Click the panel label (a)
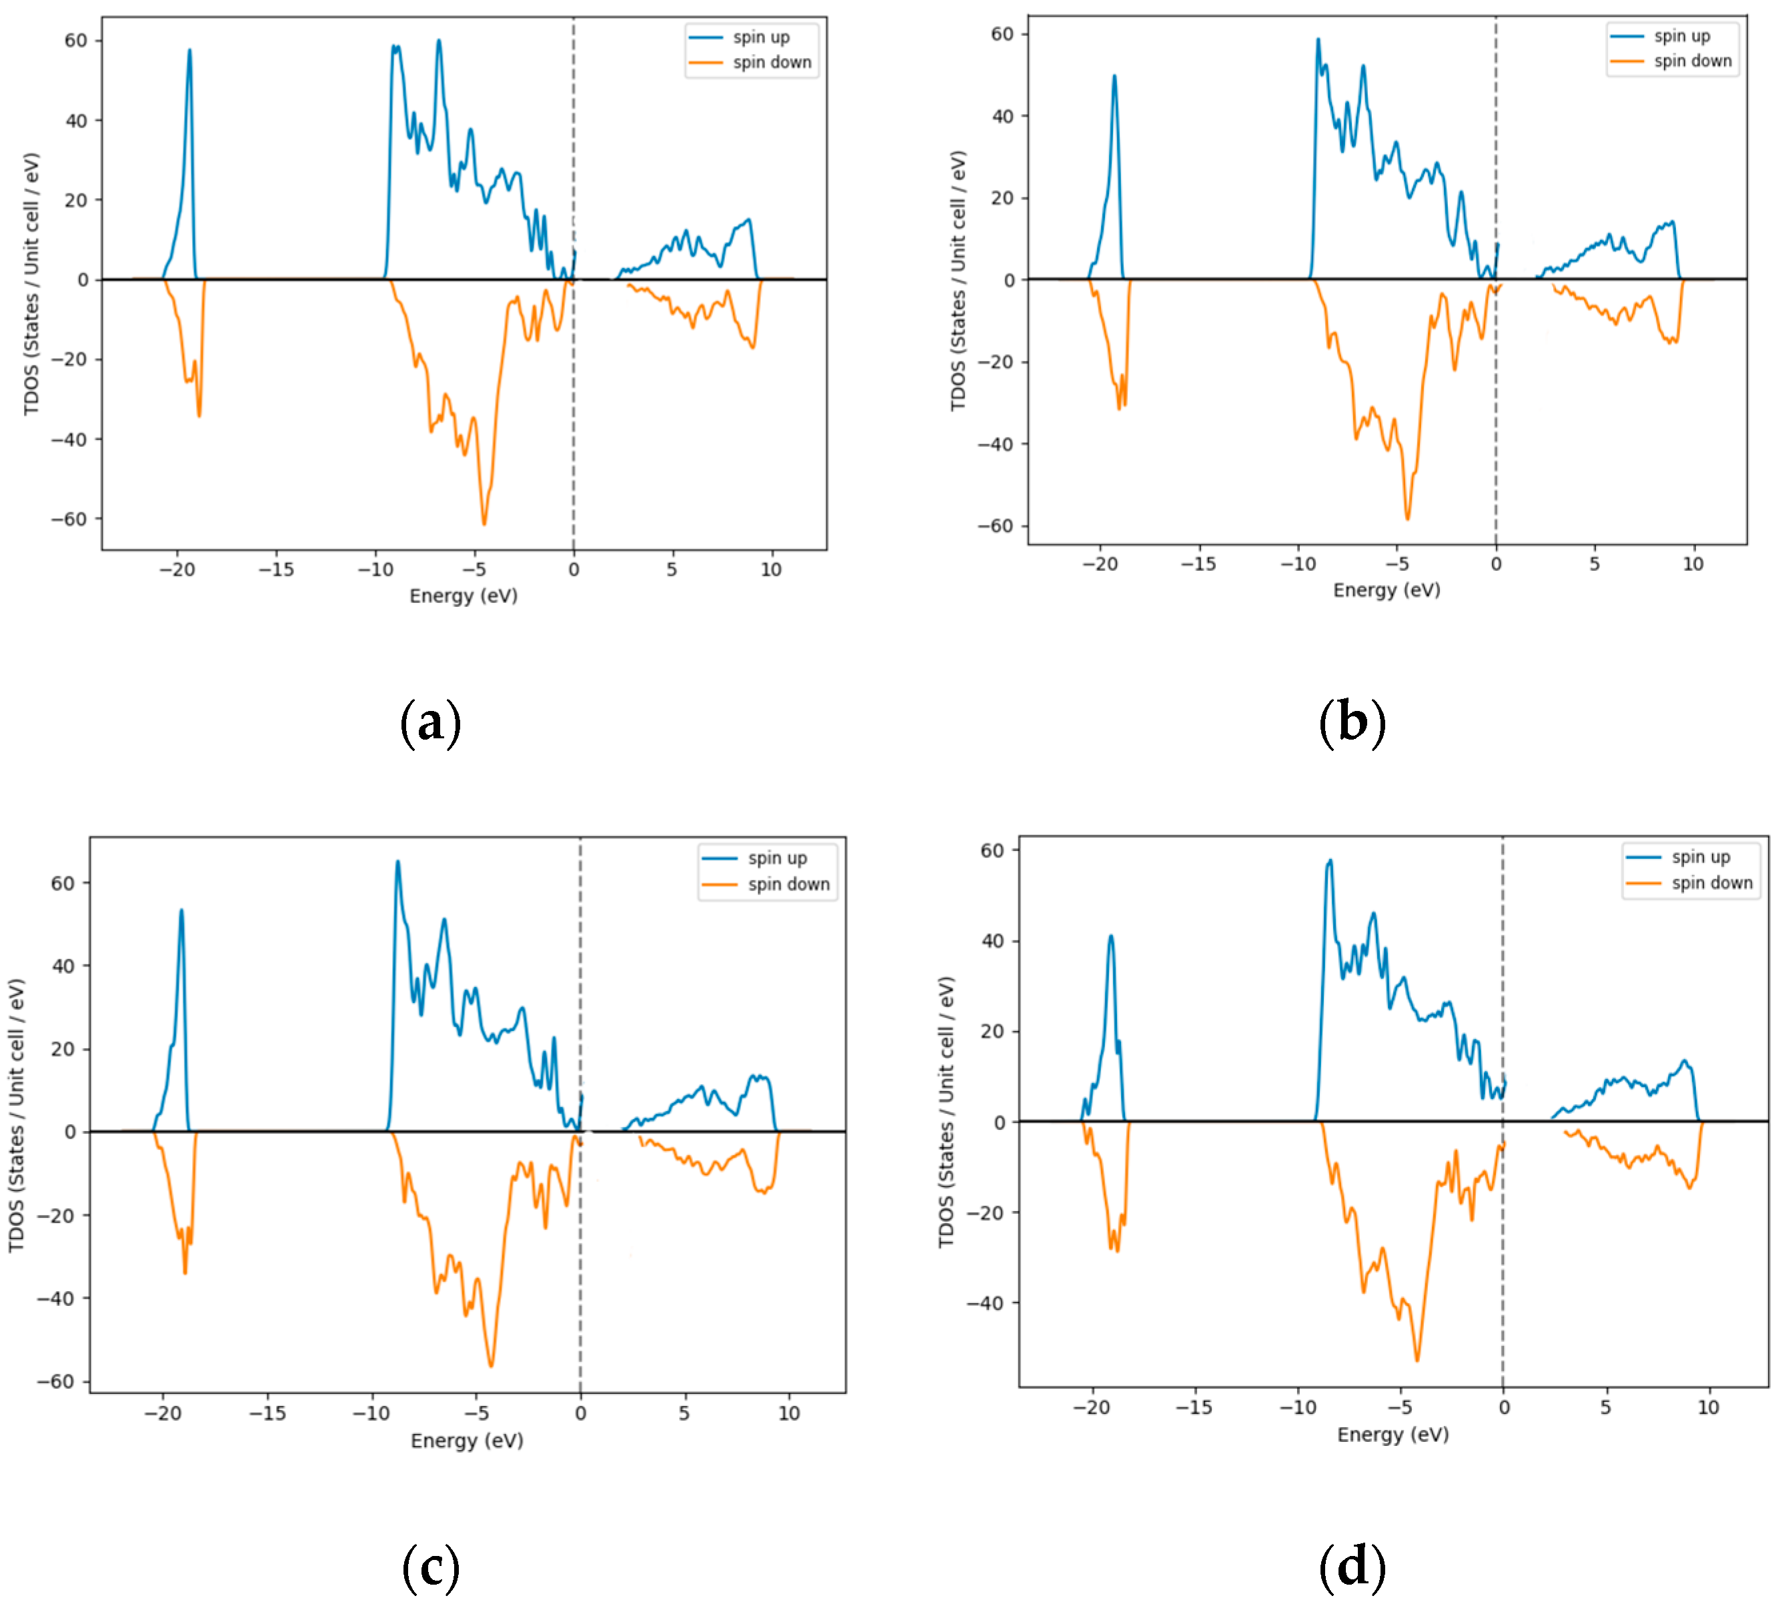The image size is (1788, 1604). (x=430, y=723)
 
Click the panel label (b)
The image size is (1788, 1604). (x=1352, y=723)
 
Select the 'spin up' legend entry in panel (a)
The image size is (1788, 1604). (x=760, y=38)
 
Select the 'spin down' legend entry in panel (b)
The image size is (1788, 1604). (x=1691, y=61)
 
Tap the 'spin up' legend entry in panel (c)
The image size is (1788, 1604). (x=776, y=858)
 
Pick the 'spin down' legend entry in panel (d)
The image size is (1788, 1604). (x=1711, y=883)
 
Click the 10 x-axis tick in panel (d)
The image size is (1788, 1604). (x=1708, y=1407)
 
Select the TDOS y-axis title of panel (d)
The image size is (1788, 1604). (x=946, y=1112)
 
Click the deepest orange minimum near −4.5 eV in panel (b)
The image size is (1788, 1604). (x=1407, y=518)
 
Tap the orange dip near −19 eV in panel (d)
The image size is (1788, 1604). (x=1116, y=1250)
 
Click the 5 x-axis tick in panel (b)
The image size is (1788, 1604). (x=1594, y=564)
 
